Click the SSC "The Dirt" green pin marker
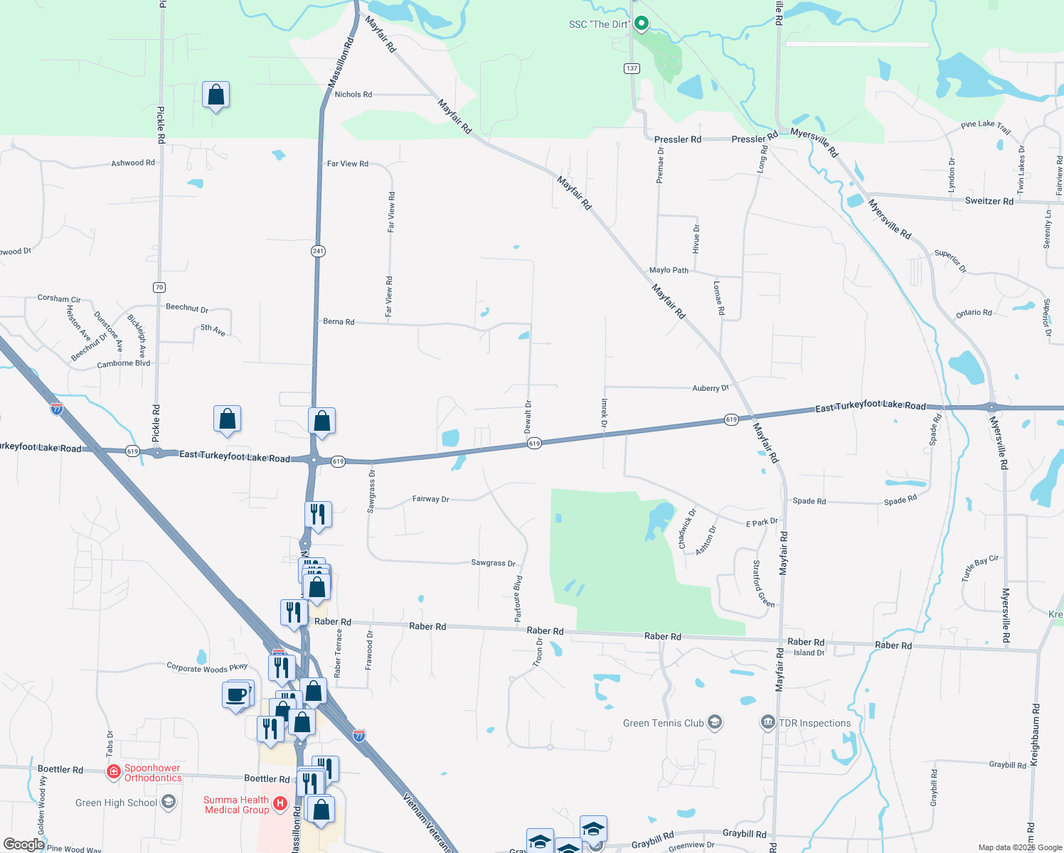641,23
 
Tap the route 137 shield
632,68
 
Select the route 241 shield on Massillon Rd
318,251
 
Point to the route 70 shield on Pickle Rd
159,287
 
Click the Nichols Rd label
353,95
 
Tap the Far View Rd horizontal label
348,163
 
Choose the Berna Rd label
339,322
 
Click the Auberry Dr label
711,388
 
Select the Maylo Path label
669,270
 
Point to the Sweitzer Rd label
989,201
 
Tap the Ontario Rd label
974,313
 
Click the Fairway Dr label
430,499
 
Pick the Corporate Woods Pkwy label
207,667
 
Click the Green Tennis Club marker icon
715,723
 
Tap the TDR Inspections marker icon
768,723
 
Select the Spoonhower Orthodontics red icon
113,771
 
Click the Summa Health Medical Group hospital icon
280,804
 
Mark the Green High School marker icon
169,803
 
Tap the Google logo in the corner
23,844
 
